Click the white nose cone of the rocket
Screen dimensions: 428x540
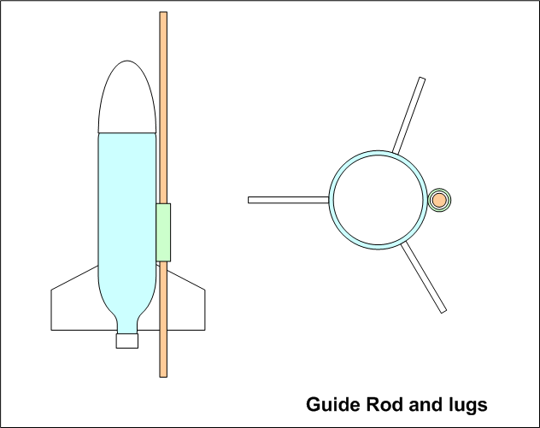[x=128, y=98]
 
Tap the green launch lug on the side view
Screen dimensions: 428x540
[x=163, y=232]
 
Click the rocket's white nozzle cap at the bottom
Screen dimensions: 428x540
[x=127, y=340]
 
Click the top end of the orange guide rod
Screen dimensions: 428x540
[x=162, y=15]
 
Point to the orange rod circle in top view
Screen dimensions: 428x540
[x=439, y=200]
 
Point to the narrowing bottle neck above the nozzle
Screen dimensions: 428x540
[x=127, y=321]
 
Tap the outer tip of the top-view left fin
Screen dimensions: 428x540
[x=250, y=200]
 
